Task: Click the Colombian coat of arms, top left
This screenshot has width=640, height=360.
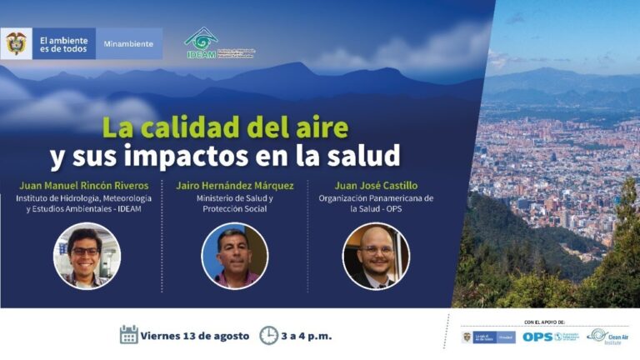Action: [x=16, y=43]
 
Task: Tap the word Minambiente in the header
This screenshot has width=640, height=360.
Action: [x=128, y=44]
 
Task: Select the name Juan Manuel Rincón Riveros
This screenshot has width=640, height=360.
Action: [x=84, y=185]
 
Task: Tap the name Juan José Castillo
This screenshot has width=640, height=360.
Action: [x=376, y=185]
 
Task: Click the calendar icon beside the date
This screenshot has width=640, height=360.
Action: [x=128, y=335]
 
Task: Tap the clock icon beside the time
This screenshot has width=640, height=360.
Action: [x=268, y=335]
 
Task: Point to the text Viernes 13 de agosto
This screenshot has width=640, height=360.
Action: [x=196, y=336]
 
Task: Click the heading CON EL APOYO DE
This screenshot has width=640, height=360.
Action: [x=545, y=321]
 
